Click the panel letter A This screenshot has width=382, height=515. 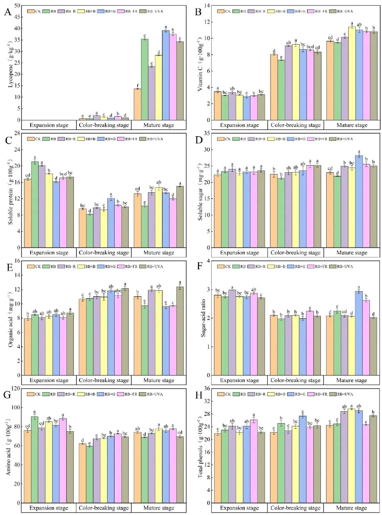click(8, 13)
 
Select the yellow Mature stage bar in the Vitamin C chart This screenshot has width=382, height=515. click(352, 74)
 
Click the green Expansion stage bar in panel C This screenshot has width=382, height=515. click(35, 205)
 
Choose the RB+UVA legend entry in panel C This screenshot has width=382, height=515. click(151, 139)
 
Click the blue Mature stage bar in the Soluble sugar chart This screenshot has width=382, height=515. click(359, 201)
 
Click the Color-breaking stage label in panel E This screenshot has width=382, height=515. click(104, 380)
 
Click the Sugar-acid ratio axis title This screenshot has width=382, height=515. click(203, 318)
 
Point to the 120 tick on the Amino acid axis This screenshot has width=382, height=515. click(16, 389)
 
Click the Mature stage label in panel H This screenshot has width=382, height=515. click(352, 508)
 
